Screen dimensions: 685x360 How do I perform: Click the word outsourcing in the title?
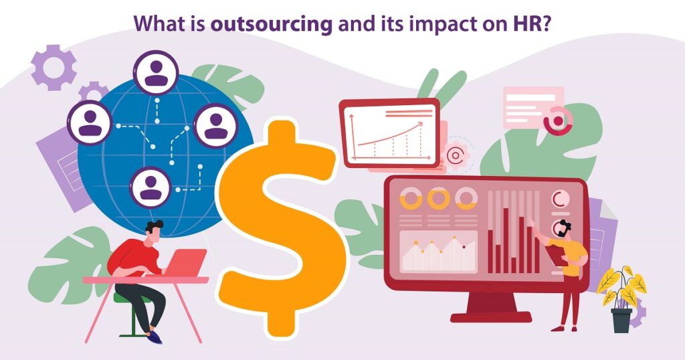[x=272, y=24]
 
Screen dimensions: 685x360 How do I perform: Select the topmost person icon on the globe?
[x=156, y=72]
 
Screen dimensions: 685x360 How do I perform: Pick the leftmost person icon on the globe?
[x=90, y=122]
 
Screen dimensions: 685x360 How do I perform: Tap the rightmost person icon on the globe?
[x=216, y=126]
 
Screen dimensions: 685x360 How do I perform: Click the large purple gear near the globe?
[x=54, y=68]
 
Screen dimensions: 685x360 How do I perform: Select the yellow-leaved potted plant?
[x=621, y=298]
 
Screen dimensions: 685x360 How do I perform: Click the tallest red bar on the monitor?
[x=506, y=240]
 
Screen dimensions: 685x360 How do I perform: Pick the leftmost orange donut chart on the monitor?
[x=411, y=199]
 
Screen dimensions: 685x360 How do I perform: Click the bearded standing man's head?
[x=564, y=228]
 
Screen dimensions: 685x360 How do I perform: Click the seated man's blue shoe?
[x=155, y=337]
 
